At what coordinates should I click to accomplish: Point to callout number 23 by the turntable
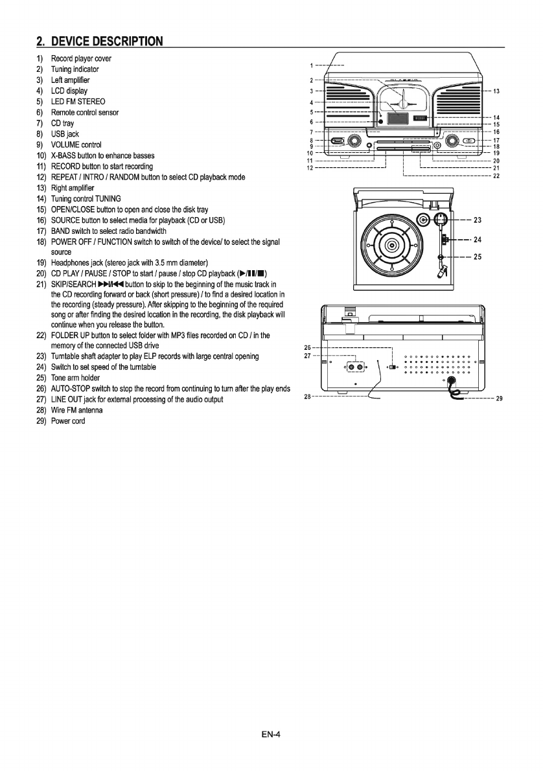[477, 220]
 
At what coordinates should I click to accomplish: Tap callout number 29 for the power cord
[500, 399]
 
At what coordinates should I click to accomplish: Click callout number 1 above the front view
[311, 65]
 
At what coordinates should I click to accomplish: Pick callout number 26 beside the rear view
[308, 347]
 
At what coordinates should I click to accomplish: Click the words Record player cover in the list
[81, 58]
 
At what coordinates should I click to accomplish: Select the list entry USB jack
[65, 134]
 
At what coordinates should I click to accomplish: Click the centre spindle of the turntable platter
[391, 246]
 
